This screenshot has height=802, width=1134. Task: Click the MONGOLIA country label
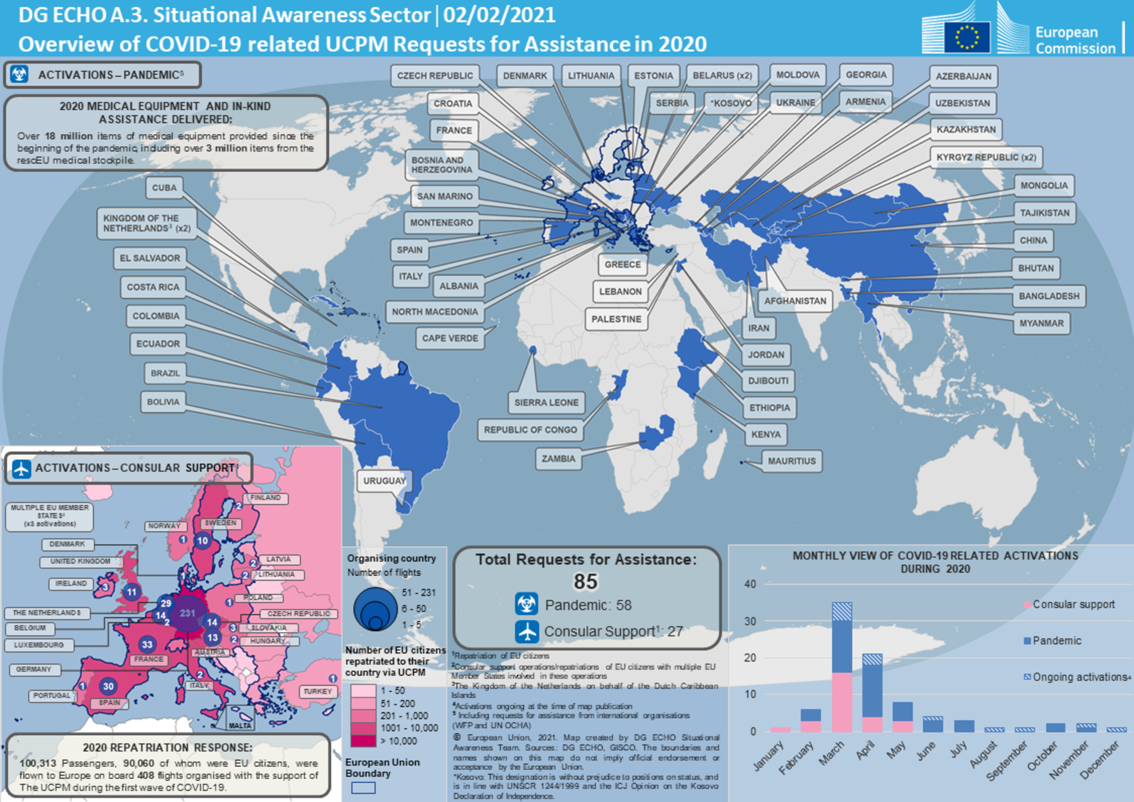click(x=1043, y=186)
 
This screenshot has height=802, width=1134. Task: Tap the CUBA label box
click(x=164, y=188)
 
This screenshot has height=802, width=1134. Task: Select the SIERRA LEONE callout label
click(x=546, y=402)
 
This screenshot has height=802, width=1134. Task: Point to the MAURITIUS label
click(x=791, y=461)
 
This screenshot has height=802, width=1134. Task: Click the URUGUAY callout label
click(x=384, y=481)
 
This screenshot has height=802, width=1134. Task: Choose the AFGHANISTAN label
click(x=795, y=301)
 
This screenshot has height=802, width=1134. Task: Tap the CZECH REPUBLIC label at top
click(x=435, y=75)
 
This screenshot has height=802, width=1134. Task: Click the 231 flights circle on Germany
click(x=188, y=613)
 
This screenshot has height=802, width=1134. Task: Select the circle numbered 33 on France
click(x=147, y=645)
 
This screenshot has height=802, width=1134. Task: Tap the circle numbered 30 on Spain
click(x=108, y=686)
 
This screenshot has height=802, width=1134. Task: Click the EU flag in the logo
click(x=966, y=37)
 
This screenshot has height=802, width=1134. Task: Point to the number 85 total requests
click(x=585, y=582)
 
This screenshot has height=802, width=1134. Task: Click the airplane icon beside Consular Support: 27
click(x=526, y=631)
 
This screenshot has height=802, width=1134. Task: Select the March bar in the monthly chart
click(x=842, y=668)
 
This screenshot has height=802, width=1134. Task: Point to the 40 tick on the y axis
click(x=750, y=584)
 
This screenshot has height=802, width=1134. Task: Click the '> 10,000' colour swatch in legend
click(x=363, y=741)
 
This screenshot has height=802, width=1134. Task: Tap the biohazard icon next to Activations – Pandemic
click(x=20, y=75)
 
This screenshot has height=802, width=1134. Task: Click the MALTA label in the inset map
click(x=240, y=726)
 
